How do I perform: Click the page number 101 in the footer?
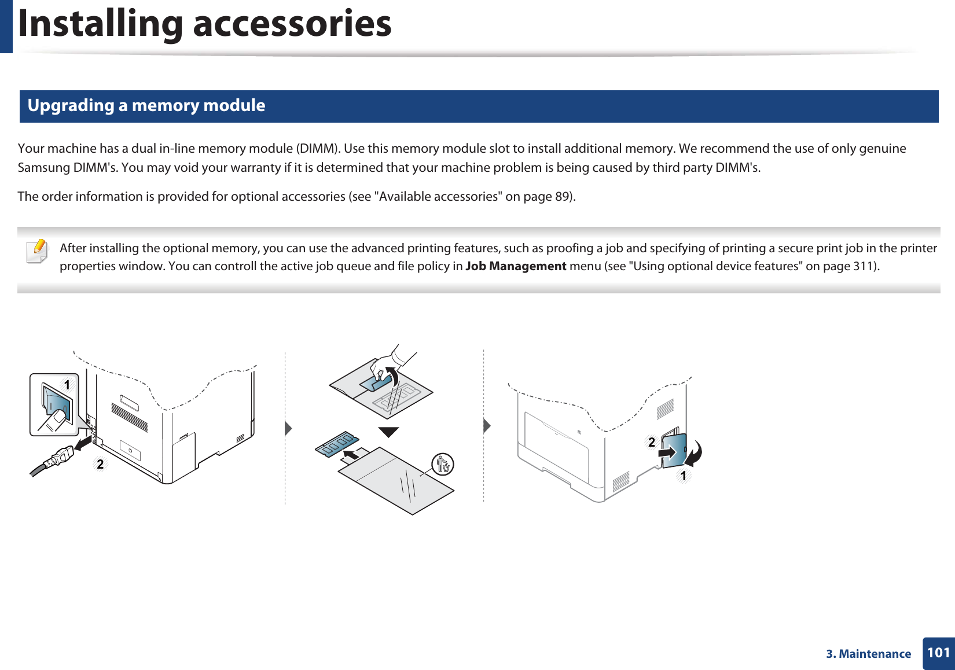click(x=938, y=653)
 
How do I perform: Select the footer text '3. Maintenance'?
click(x=868, y=654)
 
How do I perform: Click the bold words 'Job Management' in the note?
click(x=516, y=266)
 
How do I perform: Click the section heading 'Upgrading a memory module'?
click(x=146, y=105)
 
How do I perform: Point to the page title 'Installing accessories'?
click(x=205, y=24)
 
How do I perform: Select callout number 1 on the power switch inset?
click(x=67, y=385)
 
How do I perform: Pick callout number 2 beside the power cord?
click(x=100, y=464)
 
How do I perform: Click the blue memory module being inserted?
click(x=337, y=444)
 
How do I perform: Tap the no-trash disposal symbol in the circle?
click(x=443, y=464)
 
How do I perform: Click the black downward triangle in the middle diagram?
click(x=388, y=432)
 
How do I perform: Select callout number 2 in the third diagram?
click(x=652, y=442)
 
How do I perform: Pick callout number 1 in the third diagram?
click(x=684, y=476)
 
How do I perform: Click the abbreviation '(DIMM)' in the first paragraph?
click(x=317, y=148)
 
